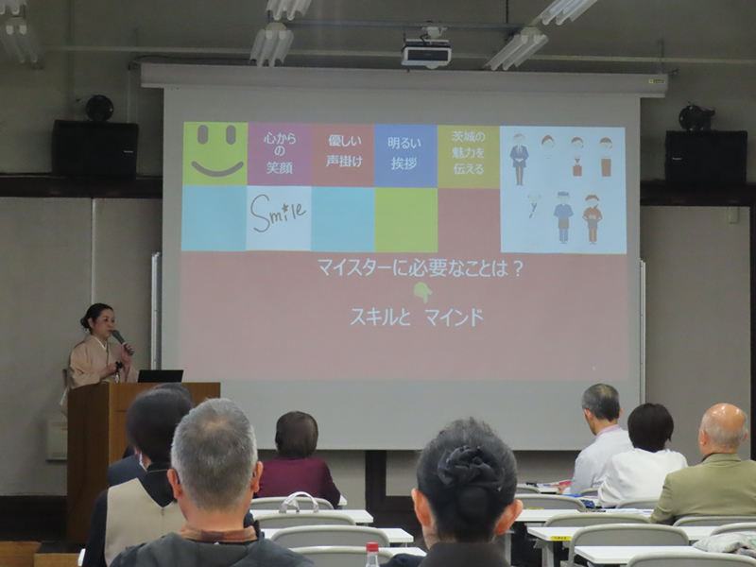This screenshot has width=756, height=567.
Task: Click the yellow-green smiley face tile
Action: tap(215, 153)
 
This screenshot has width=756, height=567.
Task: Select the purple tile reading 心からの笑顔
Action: tap(279, 153)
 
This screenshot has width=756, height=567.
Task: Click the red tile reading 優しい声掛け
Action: tap(343, 153)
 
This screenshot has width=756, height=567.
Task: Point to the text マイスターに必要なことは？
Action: tap(421, 267)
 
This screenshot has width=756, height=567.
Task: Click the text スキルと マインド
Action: tap(417, 318)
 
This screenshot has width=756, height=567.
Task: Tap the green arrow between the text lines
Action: tap(422, 292)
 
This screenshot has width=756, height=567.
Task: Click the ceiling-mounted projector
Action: tap(426, 52)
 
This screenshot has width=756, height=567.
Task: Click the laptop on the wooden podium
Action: tap(160, 375)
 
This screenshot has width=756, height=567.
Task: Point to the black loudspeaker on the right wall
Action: tap(705, 155)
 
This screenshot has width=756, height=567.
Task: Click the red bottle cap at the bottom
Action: tap(372, 548)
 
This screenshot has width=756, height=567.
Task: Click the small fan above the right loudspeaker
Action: tap(696, 117)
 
